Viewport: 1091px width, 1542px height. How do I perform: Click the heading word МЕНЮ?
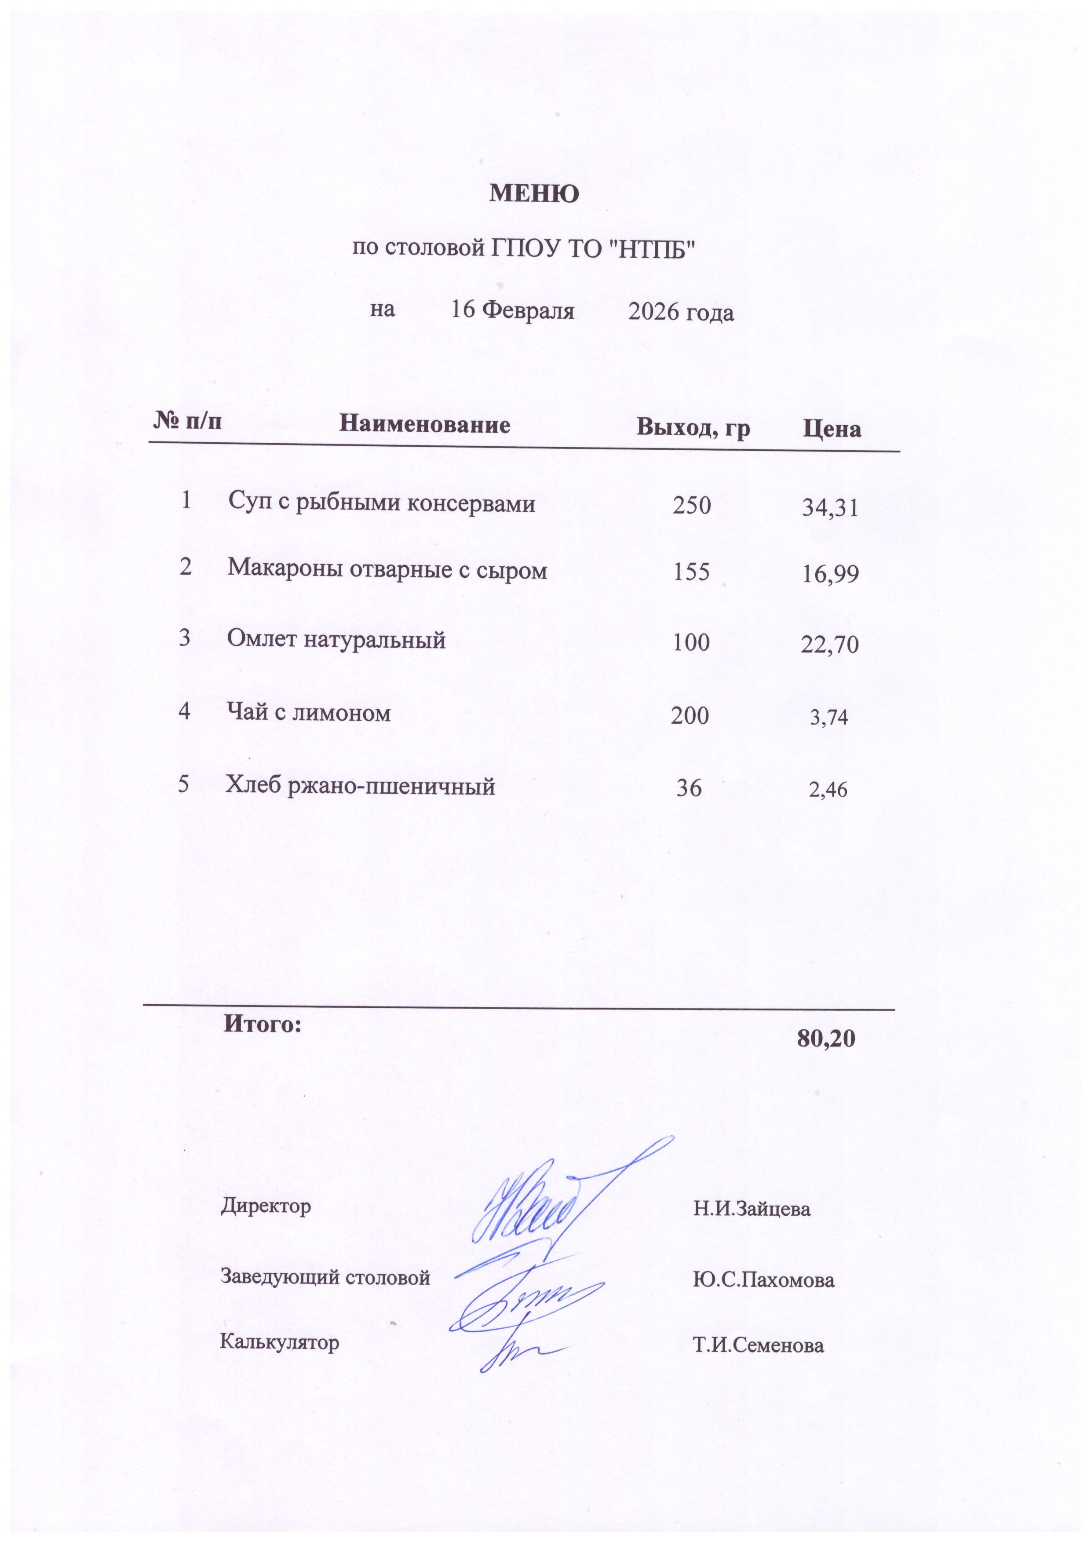click(534, 194)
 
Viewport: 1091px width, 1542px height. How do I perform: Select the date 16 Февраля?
click(513, 310)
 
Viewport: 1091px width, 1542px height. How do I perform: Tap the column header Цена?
click(832, 429)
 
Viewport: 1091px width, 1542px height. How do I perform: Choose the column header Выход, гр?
click(693, 428)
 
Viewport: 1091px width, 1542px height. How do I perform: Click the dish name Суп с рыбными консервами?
click(382, 503)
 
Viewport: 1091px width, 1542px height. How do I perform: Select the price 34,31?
click(830, 508)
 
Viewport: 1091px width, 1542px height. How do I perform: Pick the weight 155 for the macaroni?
click(691, 572)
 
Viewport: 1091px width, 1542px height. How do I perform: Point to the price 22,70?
click(830, 645)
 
